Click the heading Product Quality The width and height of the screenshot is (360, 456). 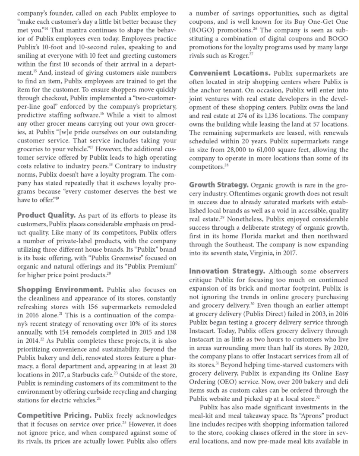[x=46, y=215]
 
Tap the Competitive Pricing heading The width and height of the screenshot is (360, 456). [x=54, y=415]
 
